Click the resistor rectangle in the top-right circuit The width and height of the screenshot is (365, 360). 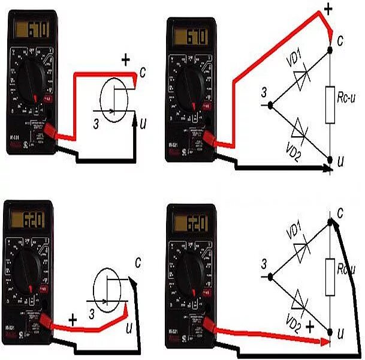(330, 105)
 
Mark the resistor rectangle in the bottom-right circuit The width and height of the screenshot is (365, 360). (330, 277)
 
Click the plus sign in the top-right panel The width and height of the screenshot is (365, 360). (328, 8)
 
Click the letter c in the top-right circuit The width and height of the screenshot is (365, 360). (340, 41)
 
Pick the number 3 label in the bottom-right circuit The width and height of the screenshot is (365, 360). (263, 263)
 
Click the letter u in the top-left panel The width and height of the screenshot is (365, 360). (142, 124)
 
